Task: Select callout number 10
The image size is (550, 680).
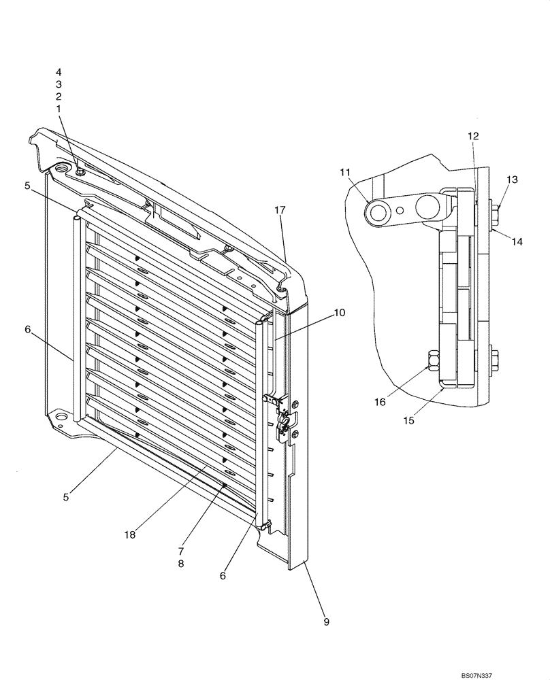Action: (340, 313)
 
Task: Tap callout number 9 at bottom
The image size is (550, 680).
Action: (326, 622)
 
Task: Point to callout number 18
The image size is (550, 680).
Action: (130, 534)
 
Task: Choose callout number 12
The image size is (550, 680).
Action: (473, 136)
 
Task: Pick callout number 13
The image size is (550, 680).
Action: (512, 180)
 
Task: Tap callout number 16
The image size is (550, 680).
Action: (380, 403)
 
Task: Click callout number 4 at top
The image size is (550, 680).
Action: (59, 71)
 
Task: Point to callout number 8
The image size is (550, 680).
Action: (181, 564)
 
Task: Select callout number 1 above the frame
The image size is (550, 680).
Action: (59, 108)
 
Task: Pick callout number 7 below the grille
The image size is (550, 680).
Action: (181, 550)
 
